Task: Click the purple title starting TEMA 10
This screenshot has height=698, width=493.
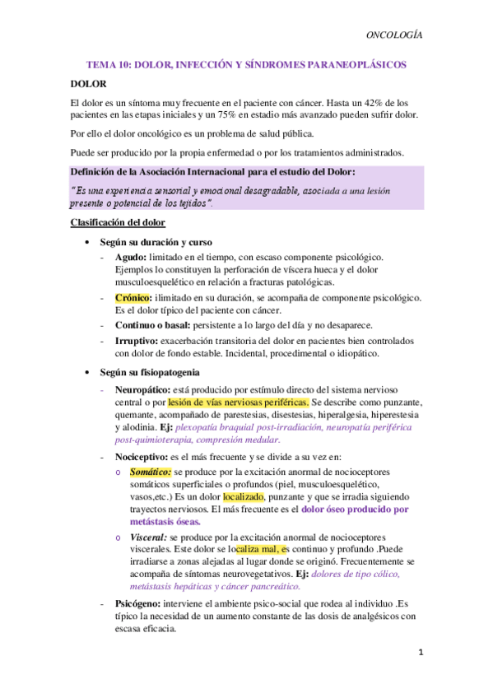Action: (x=247, y=63)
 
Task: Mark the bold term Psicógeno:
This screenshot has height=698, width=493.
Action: (x=142, y=603)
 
